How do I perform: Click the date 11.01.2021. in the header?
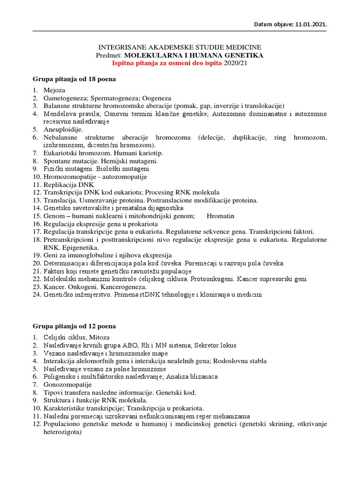click(310, 24)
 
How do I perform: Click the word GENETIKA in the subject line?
click(240, 55)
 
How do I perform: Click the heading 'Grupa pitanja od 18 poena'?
click(74, 79)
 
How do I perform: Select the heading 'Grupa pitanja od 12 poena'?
click(74, 326)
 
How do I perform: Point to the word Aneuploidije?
click(63, 129)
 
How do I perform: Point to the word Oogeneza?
click(157, 98)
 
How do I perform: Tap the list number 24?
click(37, 295)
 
